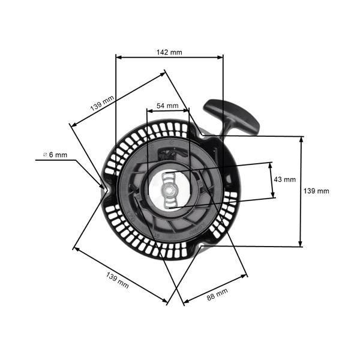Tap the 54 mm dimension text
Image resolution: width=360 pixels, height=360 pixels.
167,106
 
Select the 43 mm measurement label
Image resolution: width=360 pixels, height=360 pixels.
284,179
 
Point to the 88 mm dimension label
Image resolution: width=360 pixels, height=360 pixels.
217,294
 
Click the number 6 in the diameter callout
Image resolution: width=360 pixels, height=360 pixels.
51,155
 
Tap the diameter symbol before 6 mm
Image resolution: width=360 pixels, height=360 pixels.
44,155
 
